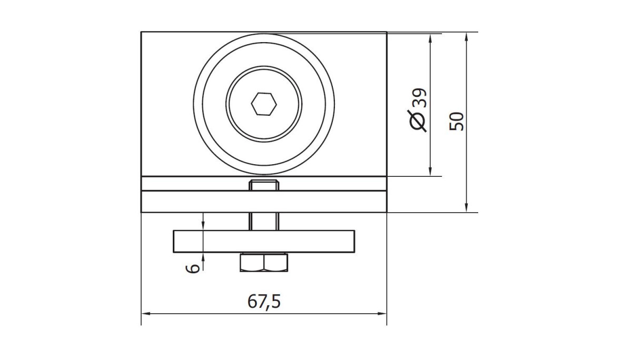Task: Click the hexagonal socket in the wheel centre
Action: (264, 104)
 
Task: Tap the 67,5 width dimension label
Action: (264, 302)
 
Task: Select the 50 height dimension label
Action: (457, 121)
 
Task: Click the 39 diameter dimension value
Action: (419, 97)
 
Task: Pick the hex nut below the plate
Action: (264, 263)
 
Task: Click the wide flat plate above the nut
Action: (264, 241)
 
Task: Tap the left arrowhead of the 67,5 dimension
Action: (145, 314)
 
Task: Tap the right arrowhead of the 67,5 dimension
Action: (382, 314)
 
